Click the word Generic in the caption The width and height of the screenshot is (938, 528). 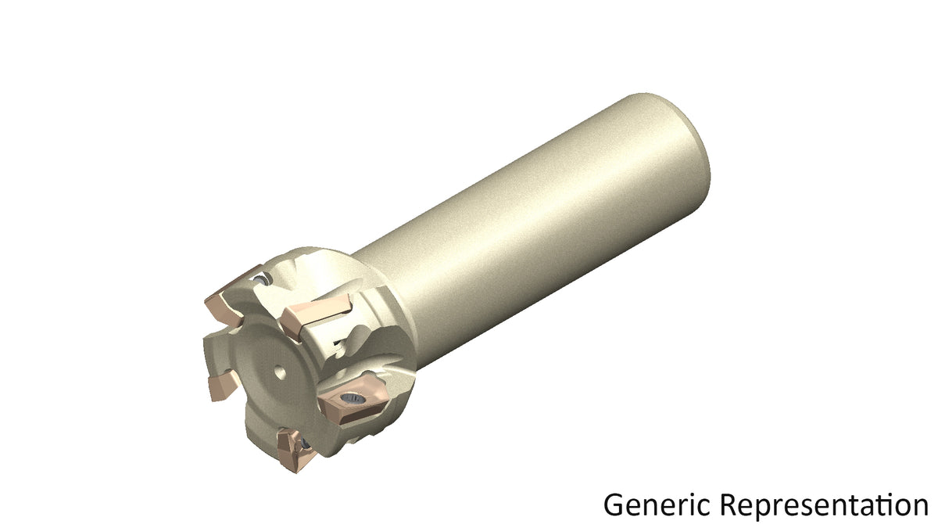660,505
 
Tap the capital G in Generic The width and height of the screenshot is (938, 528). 614,505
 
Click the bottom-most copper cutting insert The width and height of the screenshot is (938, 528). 295,450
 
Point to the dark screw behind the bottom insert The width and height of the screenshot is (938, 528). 305,444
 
